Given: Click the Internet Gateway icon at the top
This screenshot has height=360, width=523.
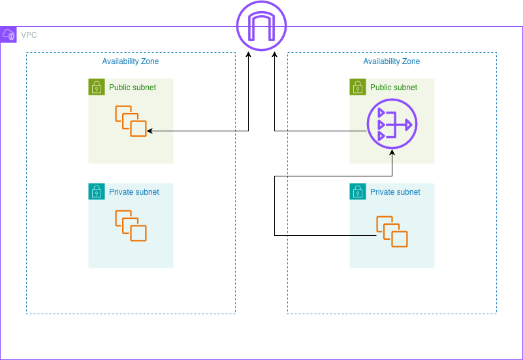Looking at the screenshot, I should point(261,27).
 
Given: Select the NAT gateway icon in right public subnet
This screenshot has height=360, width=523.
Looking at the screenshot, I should point(392,124).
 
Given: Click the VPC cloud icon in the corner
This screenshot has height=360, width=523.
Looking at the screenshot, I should point(8,35).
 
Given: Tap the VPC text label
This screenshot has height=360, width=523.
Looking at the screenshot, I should point(29,35).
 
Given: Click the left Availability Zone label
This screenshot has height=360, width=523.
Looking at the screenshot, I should point(131,61).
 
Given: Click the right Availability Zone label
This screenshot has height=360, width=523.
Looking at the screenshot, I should point(392,61).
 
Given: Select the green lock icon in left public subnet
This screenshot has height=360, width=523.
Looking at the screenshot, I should point(96,87).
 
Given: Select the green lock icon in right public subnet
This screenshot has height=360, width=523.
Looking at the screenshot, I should point(357,87).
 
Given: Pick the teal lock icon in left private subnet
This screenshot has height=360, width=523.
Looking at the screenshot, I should point(96,191).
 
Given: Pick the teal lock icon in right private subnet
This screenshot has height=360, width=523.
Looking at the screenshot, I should point(357,191).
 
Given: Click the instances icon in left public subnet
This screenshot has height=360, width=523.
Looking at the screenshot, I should point(131,121).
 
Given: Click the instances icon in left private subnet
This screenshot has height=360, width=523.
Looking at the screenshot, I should point(131,225).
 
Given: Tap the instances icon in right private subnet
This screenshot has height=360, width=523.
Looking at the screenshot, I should point(392,232).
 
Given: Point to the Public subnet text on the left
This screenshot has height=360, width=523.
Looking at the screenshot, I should point(133,88).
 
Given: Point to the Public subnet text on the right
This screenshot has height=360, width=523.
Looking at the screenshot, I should point(394,88).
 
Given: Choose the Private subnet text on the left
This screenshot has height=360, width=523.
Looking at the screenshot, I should point(134,192).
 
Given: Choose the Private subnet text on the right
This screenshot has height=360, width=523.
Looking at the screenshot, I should point(395,192).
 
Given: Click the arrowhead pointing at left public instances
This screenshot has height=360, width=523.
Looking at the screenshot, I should point(150,131).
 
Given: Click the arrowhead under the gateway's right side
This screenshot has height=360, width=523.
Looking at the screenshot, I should point(274,56).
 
